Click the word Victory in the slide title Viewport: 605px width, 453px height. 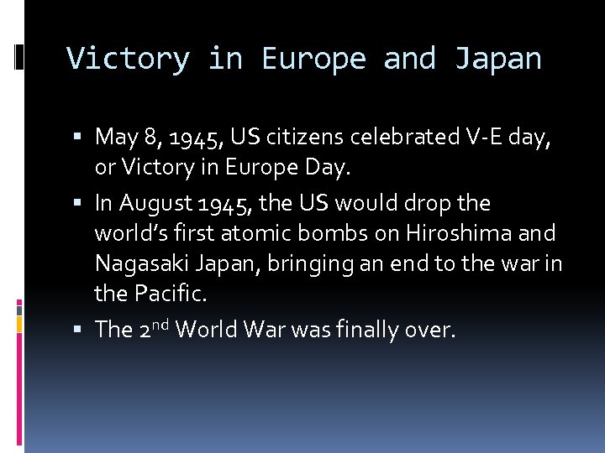point(129,59)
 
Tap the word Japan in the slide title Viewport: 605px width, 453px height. point(498,59)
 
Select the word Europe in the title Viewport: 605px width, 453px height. point(314,59)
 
